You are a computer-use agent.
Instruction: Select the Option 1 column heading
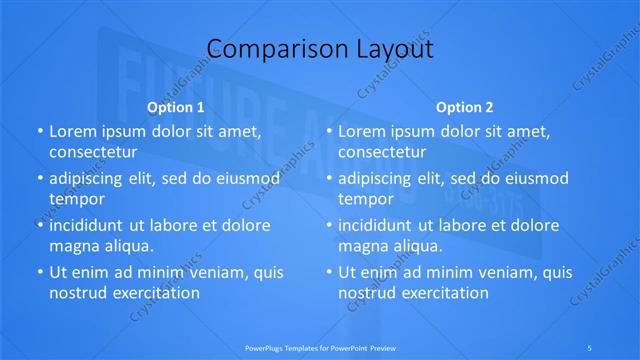[176, 107]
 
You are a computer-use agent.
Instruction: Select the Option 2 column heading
[465, 107]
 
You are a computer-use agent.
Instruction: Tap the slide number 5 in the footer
[590, 347]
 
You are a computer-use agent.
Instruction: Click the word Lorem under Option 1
[73, 131]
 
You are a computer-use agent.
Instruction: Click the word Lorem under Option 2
[362, 131]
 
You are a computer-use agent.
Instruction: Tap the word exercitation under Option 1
[154, 293]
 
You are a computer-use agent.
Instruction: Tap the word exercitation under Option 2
[443, 293]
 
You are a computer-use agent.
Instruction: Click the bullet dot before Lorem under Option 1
[39, 132]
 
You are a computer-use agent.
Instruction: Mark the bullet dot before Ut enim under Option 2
[328, 272]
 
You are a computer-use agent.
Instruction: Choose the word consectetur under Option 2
[391, 152]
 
